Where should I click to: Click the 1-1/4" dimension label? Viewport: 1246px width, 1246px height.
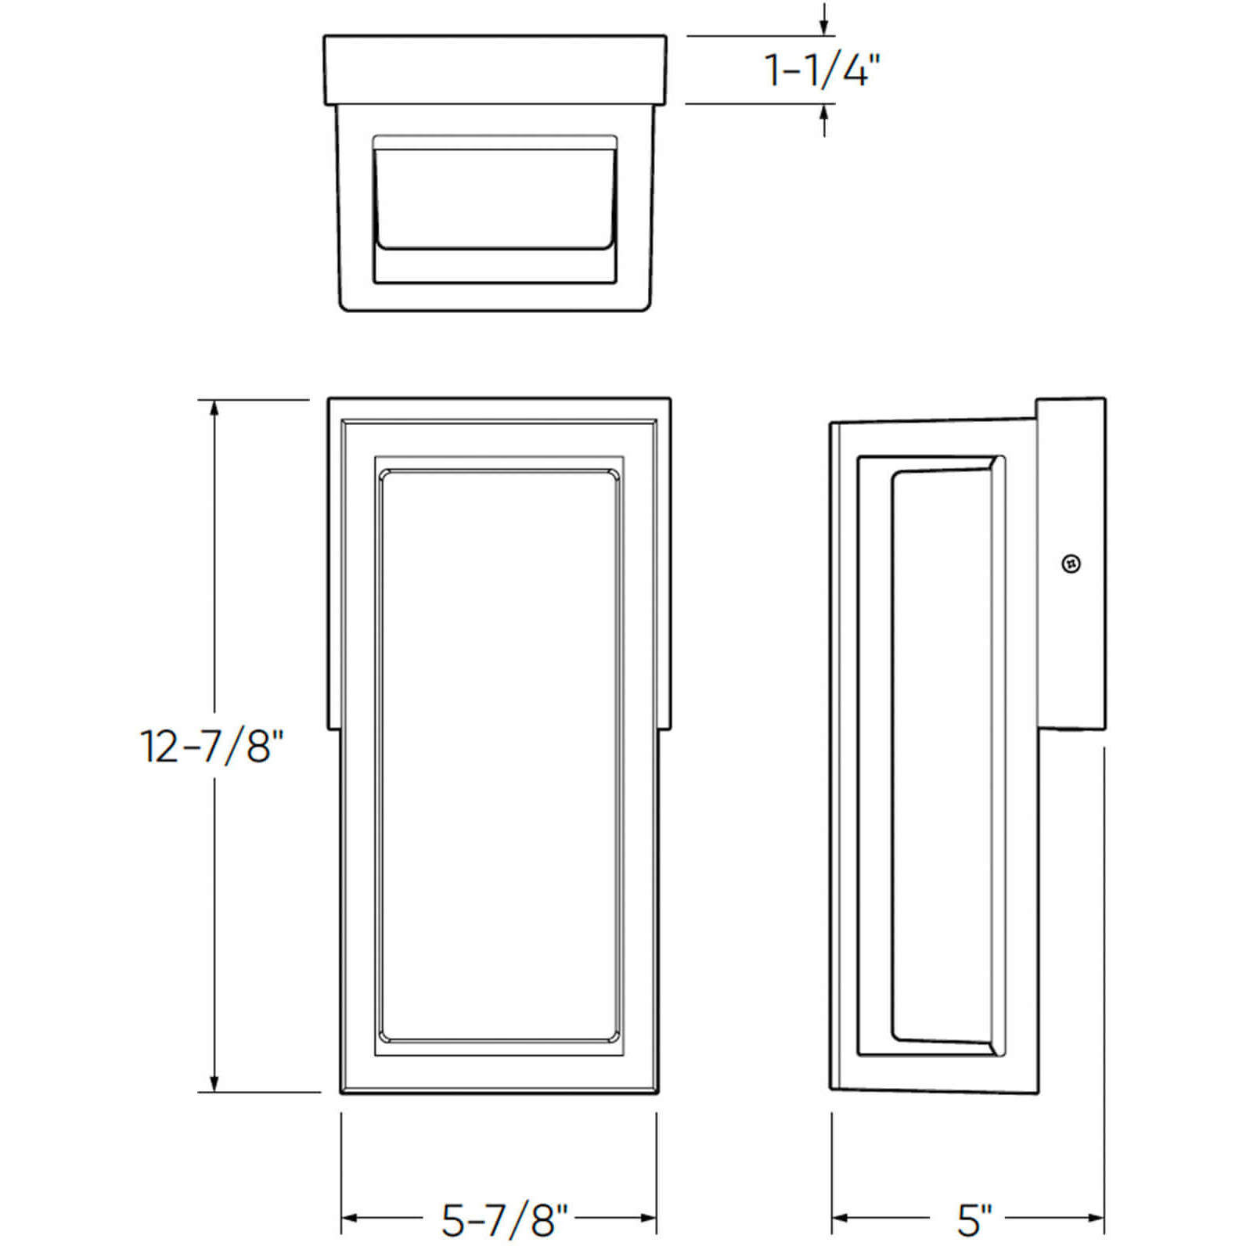tap(822, 70)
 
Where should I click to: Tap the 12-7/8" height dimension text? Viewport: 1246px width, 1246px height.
tap(210, 746)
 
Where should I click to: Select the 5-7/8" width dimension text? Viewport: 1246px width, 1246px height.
tap(504, 1219)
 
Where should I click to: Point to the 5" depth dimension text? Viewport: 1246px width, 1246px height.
tap(974, 1219)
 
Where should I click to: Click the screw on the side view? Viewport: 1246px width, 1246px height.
tap(1071, 564)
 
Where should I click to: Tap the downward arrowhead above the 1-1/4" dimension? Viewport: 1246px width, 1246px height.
tap(823, 28)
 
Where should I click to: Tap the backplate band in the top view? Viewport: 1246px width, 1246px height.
tap(495, 70)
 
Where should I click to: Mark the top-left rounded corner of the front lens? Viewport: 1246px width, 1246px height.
tap(385, 476)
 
